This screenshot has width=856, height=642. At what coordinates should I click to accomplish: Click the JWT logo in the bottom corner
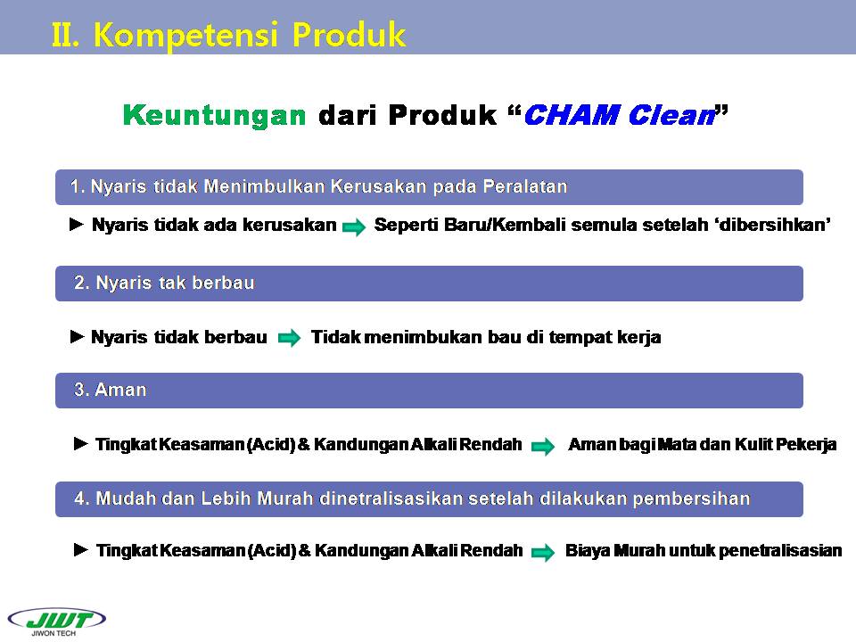pos(57,621)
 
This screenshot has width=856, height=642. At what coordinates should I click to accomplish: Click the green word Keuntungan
pos(215,115)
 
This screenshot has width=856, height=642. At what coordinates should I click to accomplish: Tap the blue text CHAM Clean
pos(620,115)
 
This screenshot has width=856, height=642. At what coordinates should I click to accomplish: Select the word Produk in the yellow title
pos(349,35)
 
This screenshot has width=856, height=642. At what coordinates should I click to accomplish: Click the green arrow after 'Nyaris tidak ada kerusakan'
pos(354,226)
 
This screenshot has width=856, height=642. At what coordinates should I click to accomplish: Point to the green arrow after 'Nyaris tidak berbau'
pos(289,338)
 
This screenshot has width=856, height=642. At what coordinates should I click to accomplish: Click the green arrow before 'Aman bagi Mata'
pos(543,446)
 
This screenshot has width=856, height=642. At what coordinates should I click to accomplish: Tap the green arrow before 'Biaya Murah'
pos(543,552)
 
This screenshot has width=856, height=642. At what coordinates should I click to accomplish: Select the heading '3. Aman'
pos(111,390)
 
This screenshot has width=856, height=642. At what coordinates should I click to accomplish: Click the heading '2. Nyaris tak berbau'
pos(164,283)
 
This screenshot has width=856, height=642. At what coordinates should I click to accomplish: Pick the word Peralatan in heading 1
pos(525,186)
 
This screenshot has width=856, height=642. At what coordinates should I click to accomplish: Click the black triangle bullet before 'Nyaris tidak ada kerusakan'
pos(77,225)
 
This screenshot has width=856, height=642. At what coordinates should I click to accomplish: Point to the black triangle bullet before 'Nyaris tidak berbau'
pos(78,337)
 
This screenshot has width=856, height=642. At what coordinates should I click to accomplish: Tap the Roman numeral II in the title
pos(65,35)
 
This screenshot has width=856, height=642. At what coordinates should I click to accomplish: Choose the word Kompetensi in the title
pos(185,36)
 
